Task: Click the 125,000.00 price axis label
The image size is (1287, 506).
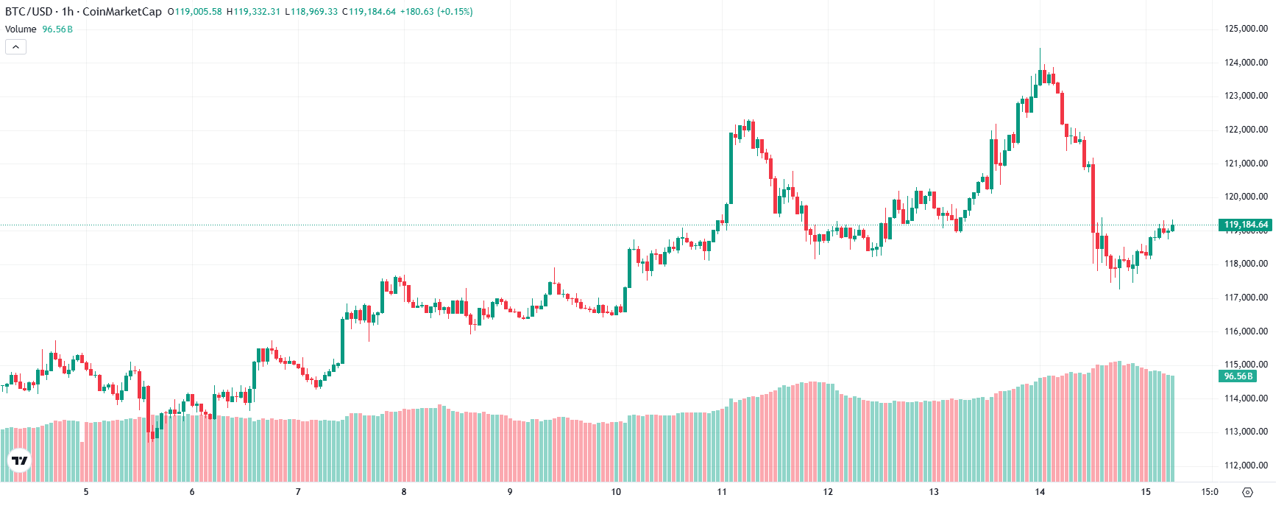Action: tap(1246, 29)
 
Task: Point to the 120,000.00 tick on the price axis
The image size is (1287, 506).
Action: tap(1246, 197)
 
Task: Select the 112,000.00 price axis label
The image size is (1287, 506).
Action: tap(1246, 465)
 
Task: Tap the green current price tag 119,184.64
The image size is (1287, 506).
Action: tap(1245, 225)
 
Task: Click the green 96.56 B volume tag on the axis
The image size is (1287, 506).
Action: tap(1238, 376)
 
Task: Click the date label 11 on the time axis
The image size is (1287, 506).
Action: tap(722, 492)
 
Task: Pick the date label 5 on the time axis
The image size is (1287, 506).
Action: tap(86, 492)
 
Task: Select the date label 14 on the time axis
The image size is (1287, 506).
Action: tap(1040, 492)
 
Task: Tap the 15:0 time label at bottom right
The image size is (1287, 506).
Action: tap(1210, 492)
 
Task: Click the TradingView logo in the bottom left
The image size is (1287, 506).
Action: tap(19, 461)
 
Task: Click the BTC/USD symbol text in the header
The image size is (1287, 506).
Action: tap(28, 12)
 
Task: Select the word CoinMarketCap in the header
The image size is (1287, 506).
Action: tap(121, 12)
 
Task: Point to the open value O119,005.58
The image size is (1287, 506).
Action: tap(194, 12)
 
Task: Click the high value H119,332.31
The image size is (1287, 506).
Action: tap(253, 12)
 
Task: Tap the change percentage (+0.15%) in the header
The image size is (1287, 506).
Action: tap(455, 12)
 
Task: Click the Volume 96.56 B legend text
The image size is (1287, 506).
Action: tap(38, 29)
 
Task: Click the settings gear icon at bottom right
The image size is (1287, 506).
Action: tap(1247, 492)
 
